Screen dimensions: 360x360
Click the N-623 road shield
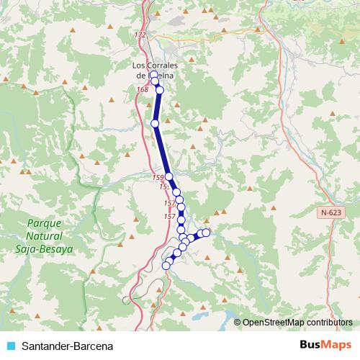330,212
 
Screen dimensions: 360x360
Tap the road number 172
140,35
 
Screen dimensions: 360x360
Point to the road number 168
142,89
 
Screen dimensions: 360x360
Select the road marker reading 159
158,176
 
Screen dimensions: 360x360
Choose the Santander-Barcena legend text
68,346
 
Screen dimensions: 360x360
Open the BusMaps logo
325,345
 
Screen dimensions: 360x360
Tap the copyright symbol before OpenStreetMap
238,323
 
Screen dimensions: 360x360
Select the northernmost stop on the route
153,75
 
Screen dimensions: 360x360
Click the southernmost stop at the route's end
166,266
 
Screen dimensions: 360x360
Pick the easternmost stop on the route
206,232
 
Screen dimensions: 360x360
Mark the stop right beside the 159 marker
168,176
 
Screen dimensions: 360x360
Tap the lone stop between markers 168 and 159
155,124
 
